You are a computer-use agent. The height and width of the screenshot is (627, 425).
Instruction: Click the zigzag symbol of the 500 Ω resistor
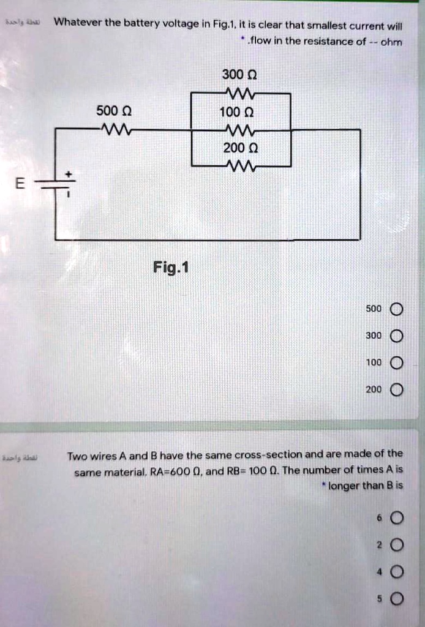pos(115,129)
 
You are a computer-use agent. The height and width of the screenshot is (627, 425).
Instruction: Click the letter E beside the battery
pos(21,184)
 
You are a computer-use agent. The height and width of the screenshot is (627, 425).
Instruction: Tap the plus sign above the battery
pos(69,175)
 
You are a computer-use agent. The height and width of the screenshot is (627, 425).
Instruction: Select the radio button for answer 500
pos(396,309)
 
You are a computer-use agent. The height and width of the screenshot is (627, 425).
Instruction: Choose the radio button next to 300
pos(396,336)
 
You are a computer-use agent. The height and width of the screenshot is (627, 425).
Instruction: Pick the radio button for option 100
pos(396,363)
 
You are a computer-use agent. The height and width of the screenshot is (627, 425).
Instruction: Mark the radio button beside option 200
pos(396,390)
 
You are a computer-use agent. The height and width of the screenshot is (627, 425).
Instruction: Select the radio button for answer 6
pos(396,519)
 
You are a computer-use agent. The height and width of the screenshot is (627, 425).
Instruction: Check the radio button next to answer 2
pos(396,546)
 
